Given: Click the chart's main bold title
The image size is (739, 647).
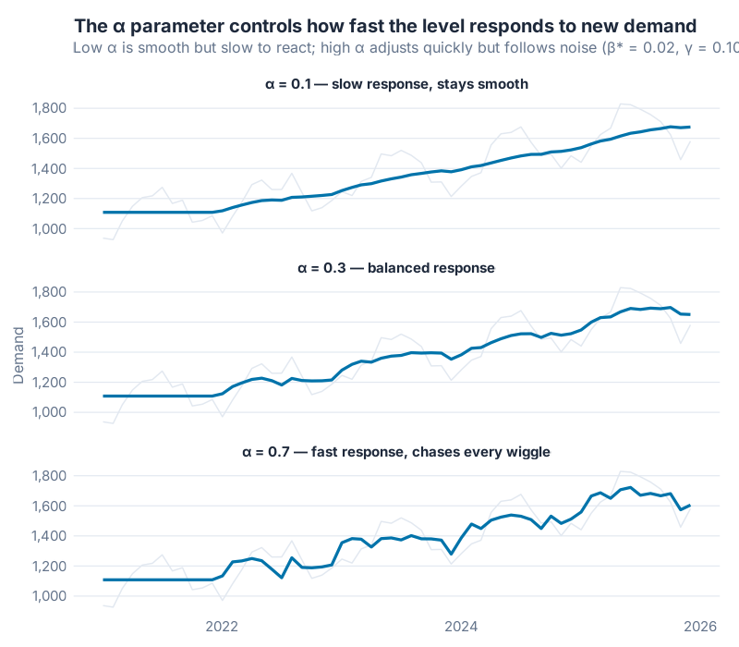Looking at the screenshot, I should (x=384, y=26).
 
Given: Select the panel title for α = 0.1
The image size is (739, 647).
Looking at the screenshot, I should (x=396, y=84).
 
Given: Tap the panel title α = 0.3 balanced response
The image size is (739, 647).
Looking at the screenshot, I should (x=396, y=268).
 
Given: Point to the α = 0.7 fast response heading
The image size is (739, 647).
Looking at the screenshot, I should (x=396, y=452).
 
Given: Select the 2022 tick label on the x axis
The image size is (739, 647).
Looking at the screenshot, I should (x=223, y=626).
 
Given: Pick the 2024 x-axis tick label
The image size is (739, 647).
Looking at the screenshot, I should (x=461, y=626).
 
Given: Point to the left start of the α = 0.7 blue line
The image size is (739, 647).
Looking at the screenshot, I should (x=103, y=580).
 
